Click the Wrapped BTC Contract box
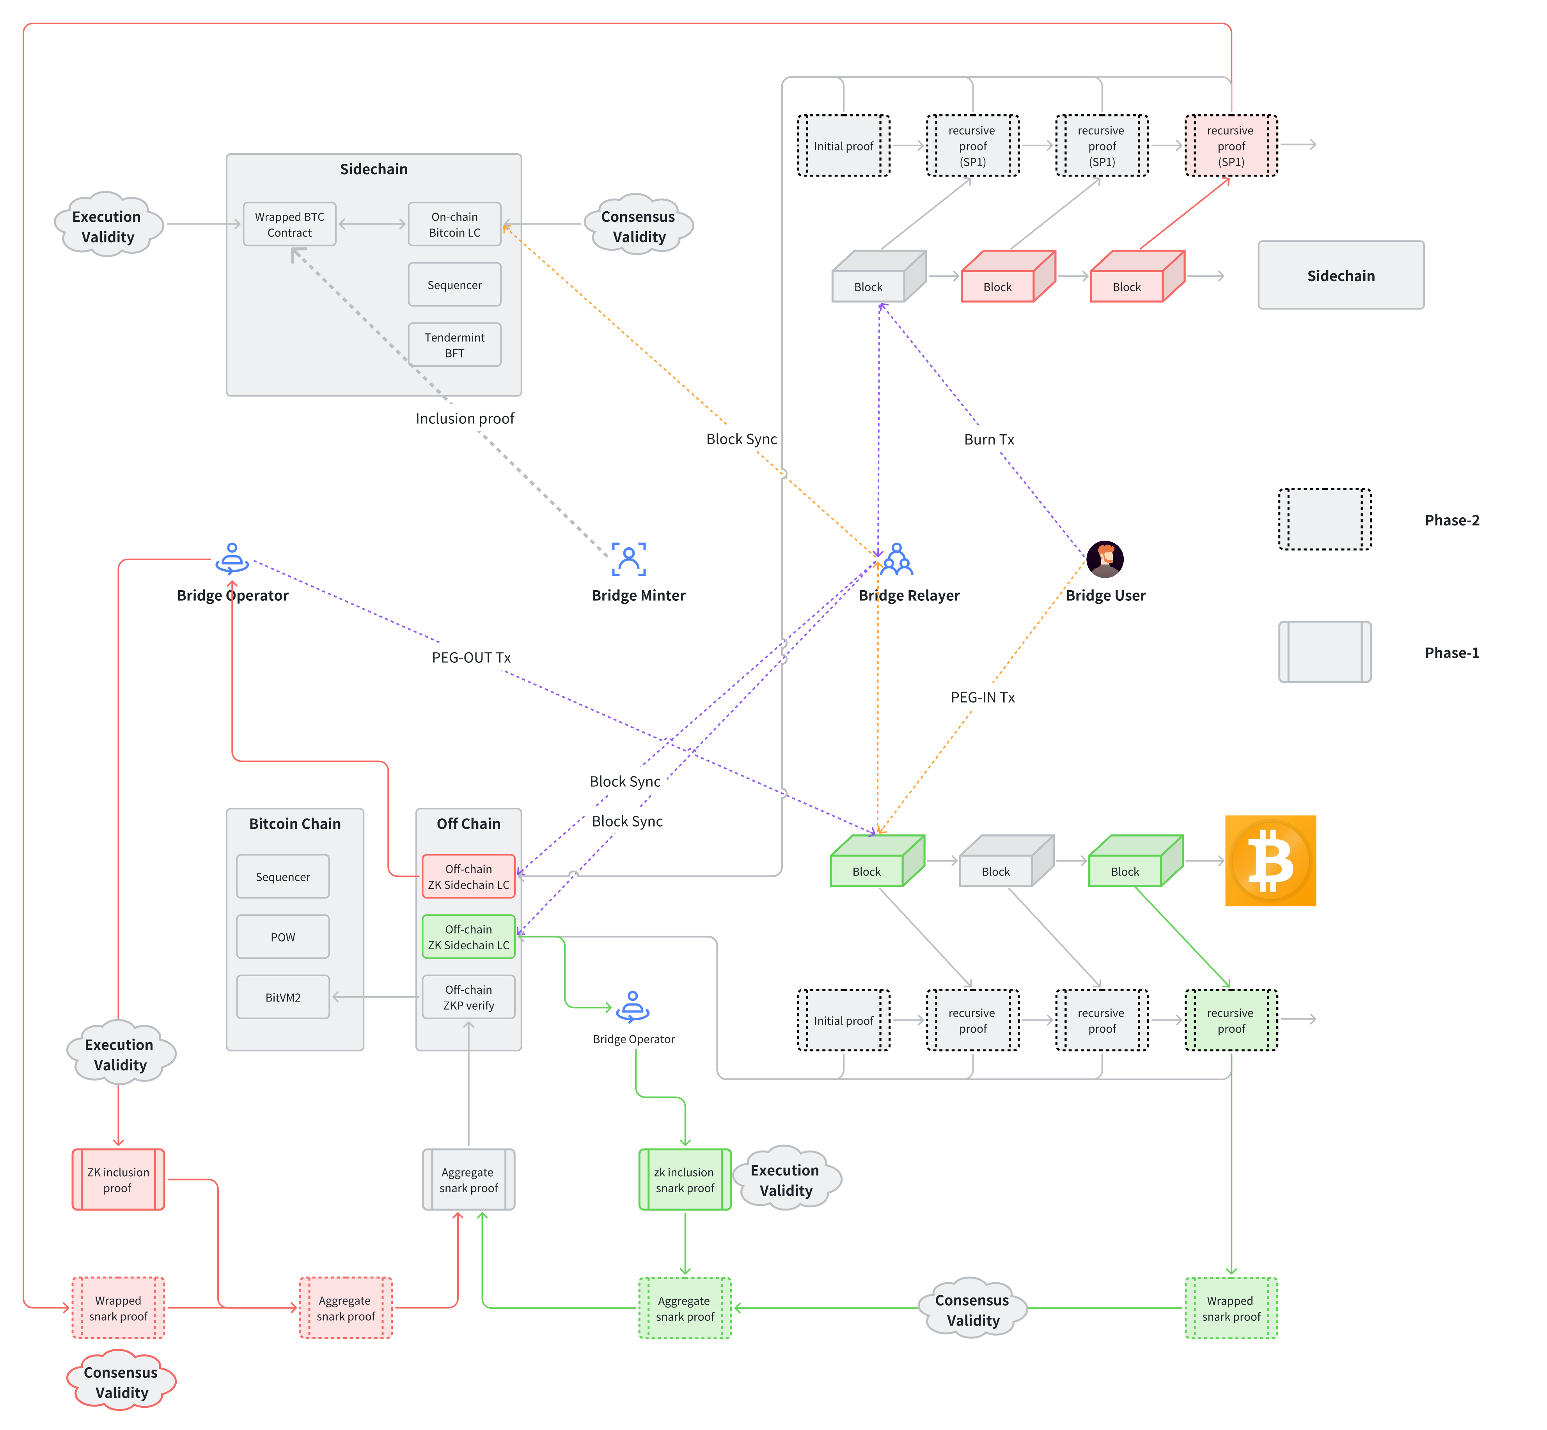point(289,225)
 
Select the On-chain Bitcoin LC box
point(454,225)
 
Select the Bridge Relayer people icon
point(897,559)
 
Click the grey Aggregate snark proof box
point(468,1179)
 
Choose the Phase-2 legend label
point(1452,520)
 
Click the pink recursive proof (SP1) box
point(1231,145)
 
